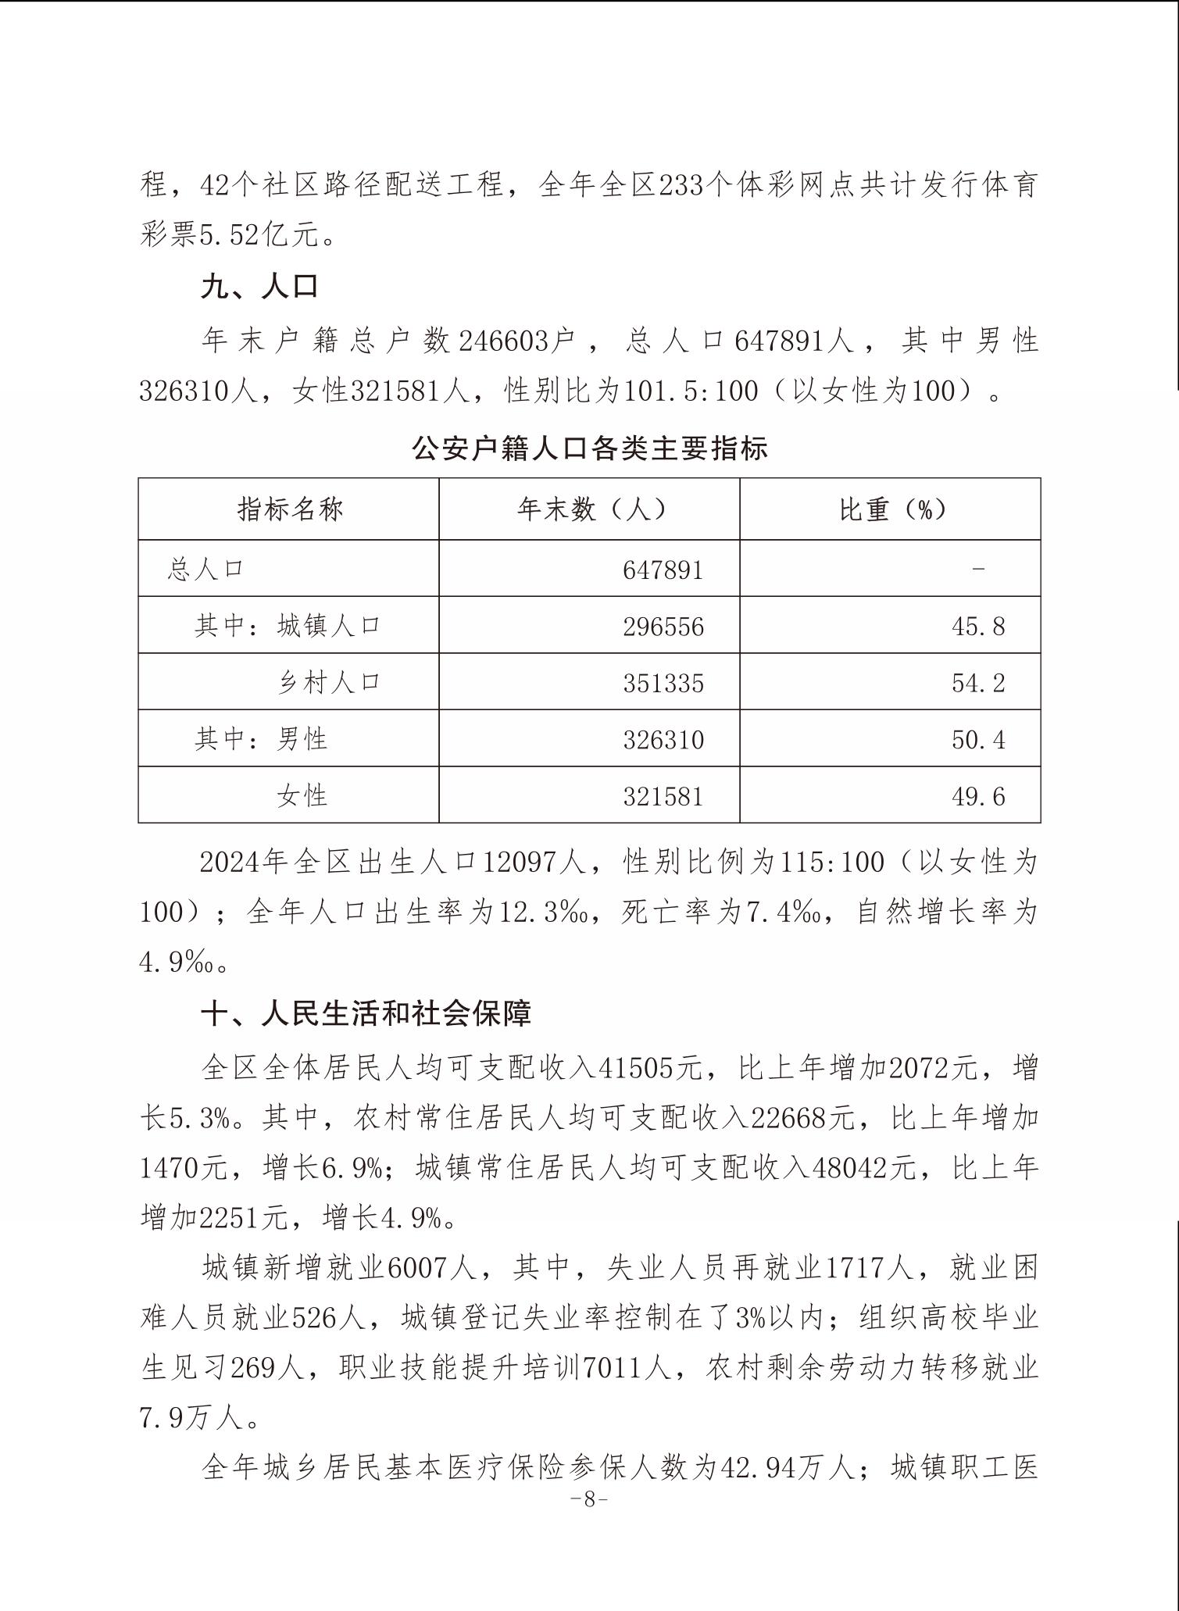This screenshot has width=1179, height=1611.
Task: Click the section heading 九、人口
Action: pyautogui.click(x=259, y=287)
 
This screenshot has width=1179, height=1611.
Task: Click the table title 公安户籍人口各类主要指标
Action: pyautogui.click(x=589, y=448)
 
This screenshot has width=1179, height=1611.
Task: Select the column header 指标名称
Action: pyautogui.click(x=290, y=509)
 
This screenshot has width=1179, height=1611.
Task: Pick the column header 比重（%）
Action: pyautogui.click(x=891, y=509)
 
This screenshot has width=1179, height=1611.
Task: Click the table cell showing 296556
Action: pyautogui.click(x=663, y=627)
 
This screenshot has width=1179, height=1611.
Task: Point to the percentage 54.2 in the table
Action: pyautogui.click(x=977, y=683)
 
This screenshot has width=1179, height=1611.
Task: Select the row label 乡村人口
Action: pyautogui.click(x=328, y=682)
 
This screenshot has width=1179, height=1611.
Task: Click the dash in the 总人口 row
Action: pyautogui.click(x=977, y=570)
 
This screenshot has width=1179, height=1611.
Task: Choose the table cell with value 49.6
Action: pyautogui.click(x=977, y=796)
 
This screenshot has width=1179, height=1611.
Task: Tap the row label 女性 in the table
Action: pyautogui.click(x=302, y=795)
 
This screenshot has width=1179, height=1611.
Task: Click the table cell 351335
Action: pyautogui.click(x=663, y=683)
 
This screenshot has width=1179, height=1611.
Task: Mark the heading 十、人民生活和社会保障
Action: pyautogui.click(x=366, y=1013)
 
